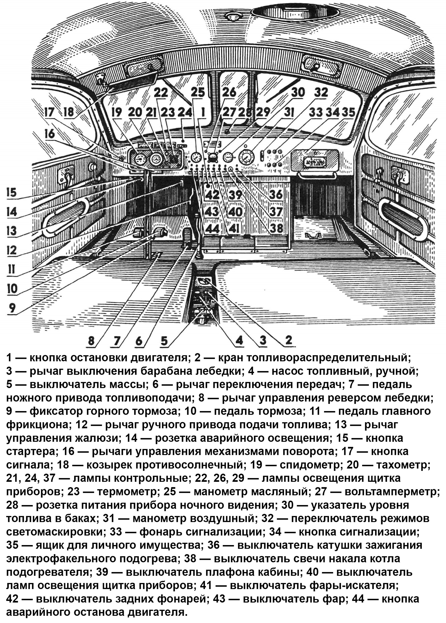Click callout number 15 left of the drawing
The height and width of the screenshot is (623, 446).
pyautogui.click(x=12, y=192)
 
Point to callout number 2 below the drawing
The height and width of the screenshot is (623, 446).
pyautogui.click(x=288, y=341)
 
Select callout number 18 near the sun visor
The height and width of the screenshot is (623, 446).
pyautogui.click(x=69, y=112)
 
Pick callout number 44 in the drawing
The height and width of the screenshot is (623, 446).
pyautogui.click(x=213, y=228)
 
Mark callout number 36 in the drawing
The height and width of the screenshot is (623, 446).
pyautogui.click(x=276, y=194)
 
